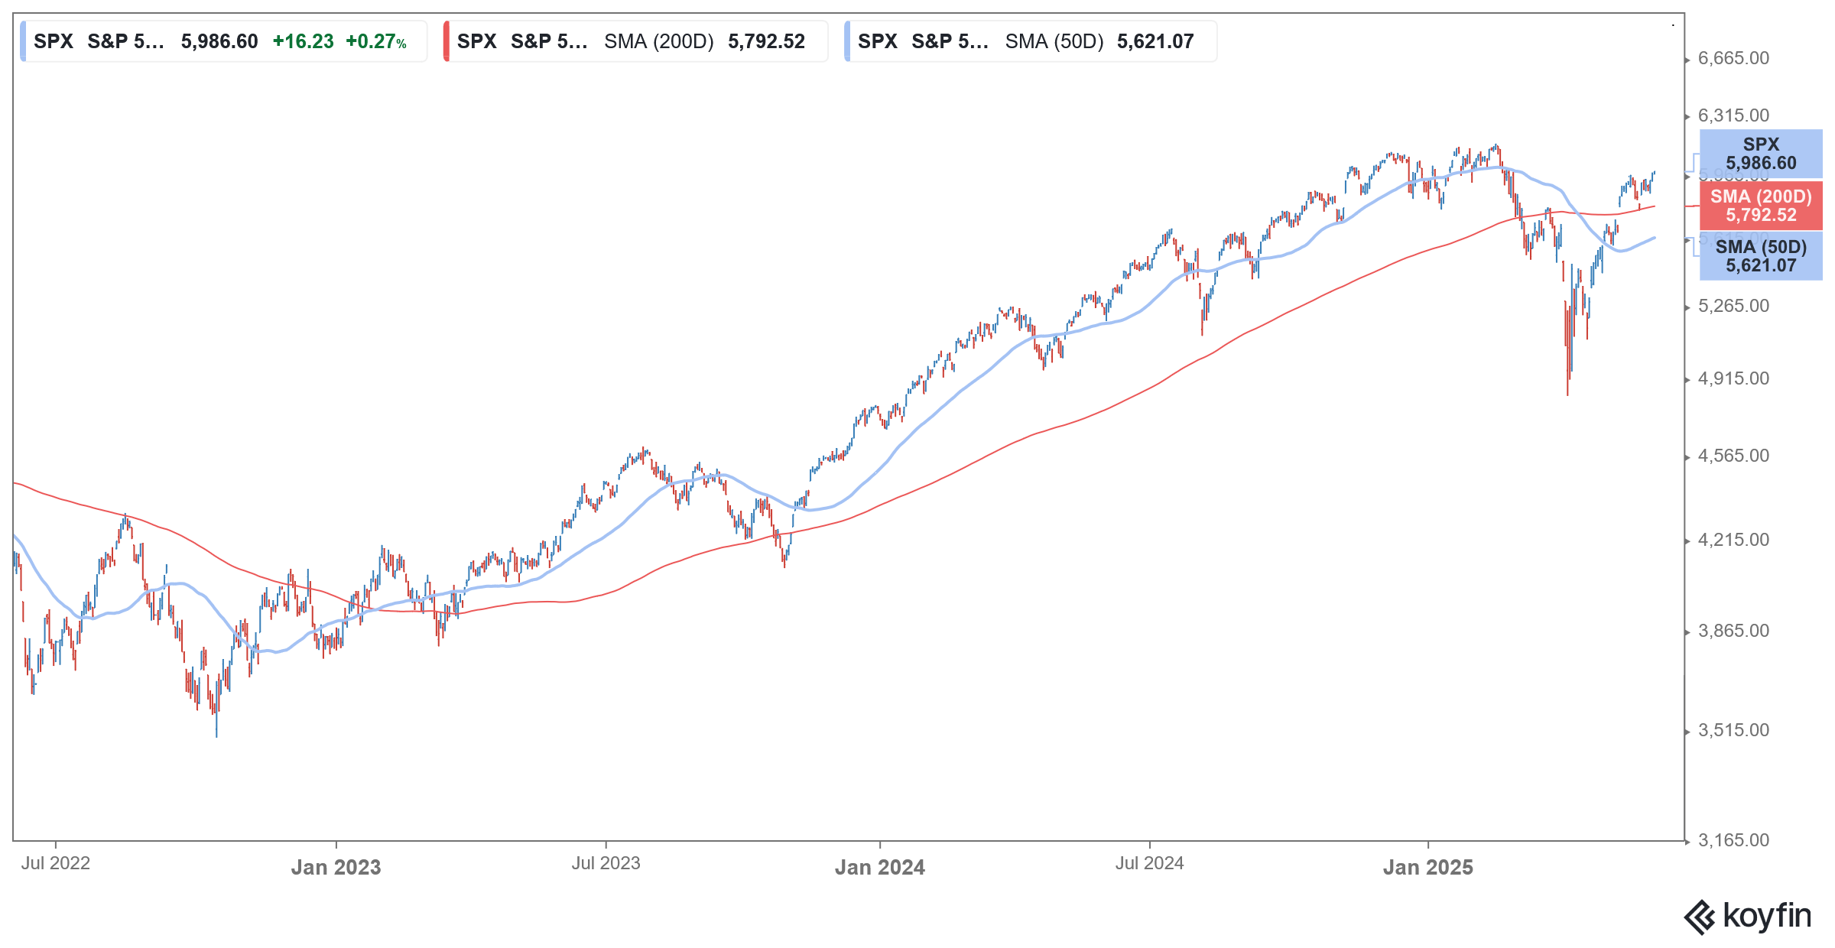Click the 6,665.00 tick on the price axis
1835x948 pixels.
[1733, 59]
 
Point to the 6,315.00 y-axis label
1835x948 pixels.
[1733, 116]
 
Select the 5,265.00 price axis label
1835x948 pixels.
[1733, 307]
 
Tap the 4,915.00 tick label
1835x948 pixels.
[1733, 379]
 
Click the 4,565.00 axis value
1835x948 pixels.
[1733, 456]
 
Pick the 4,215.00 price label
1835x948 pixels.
[1733, 541]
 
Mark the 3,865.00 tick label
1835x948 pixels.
[1733, 631]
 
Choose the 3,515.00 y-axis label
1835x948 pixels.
[1733, 731]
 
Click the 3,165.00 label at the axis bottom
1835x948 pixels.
[1733, 841]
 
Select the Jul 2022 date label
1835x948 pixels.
[55, 864]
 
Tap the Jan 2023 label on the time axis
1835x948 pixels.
[336, 868]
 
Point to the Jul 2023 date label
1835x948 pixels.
[606, 864]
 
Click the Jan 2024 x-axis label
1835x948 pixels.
[879, 868]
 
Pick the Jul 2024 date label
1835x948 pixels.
[1149, 864]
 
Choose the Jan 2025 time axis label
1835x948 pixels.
[1427, 868]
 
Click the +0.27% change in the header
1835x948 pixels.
[375, 42]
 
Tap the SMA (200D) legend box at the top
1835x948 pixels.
[635, 42]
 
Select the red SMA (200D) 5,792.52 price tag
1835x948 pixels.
[1760, 206]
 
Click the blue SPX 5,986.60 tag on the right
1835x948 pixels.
[1760, 154]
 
